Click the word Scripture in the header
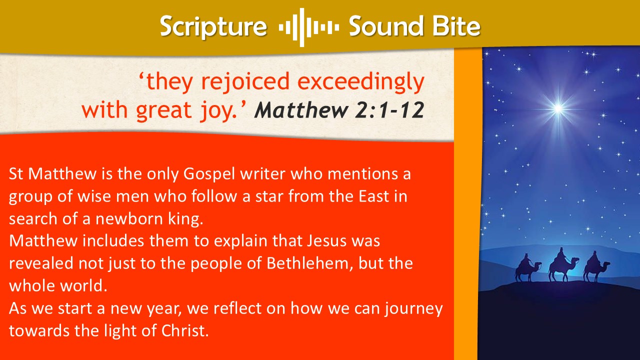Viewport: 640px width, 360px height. pyautogui.click(x=213, y=27)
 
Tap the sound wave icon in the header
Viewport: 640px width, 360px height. pyautogui.click(x=309, y=27)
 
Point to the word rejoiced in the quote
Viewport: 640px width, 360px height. pyautogui.click(x=245, y=82)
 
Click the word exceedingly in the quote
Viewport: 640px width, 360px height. pyautogui.click(x=361, y=82)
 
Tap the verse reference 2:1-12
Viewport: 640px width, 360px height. pyautogui.click(x=389, y=109)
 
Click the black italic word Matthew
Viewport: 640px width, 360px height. pyautogui.click(x=301, y=109)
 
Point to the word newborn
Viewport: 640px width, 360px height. pyautogui.click(x=129, y=219)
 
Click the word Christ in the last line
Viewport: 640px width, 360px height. pyautogui.click(x=185, y=331)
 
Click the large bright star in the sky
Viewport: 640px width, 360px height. pyautogui.click(x=558, y=108)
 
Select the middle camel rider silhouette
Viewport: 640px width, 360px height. pyautogui.click(x=563, y=264)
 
